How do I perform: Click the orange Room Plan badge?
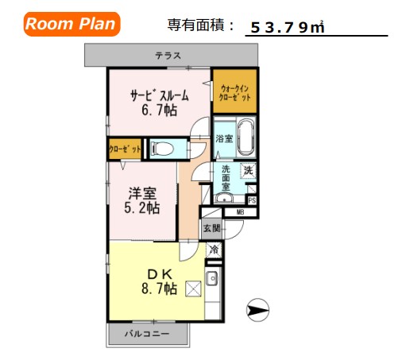pos(71,24)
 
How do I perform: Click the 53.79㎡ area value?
pos(287,28)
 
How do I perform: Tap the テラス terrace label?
pos(168,56)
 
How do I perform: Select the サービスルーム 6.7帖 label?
pos(160,103)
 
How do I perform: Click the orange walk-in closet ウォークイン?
pos(234,91)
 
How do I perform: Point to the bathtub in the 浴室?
pos(245,136)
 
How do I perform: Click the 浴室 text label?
pos(224,139)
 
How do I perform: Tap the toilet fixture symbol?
pos(162,148)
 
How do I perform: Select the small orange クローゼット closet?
pos(126,149)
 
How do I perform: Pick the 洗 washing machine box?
pos(248,168)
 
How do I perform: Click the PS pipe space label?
pos(252,200)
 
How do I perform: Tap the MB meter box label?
pos(239,212)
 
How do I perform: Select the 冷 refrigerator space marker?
pos(214,250)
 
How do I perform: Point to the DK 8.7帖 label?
pos(159,281)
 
